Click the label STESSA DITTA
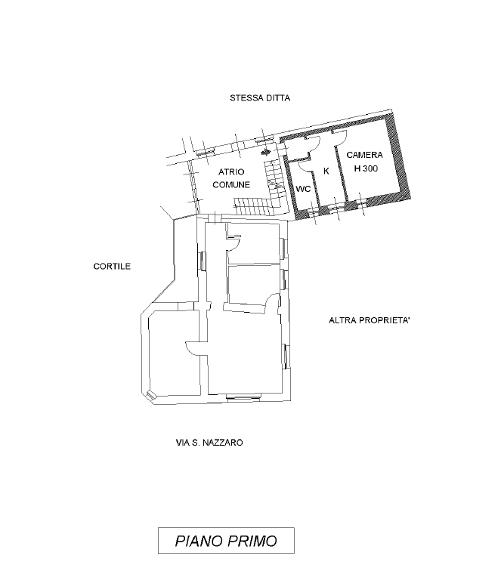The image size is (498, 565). (x=260, y=98)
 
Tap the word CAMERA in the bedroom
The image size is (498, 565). (x=364, y=155)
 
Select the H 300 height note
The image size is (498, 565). (x=366, y=168)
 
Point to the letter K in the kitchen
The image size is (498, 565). (x=326, y=171)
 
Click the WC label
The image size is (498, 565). (x=303, y=189)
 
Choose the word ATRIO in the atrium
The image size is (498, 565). (x=231, y=172)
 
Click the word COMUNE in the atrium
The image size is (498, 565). (x=231, y=184)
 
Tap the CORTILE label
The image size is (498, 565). (x=112, y=267)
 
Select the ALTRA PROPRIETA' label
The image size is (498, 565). (x=370, y=320)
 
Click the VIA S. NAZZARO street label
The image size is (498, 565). (x=209, y=442)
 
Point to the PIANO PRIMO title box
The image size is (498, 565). (x=226, y=541)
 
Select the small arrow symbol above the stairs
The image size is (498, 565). (x=265, y=152)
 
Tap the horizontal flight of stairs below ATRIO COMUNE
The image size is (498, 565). (x=252, y=205)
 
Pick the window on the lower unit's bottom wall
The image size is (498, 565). (x=243, y=397)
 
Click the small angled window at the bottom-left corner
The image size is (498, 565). (x=150, y=395)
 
